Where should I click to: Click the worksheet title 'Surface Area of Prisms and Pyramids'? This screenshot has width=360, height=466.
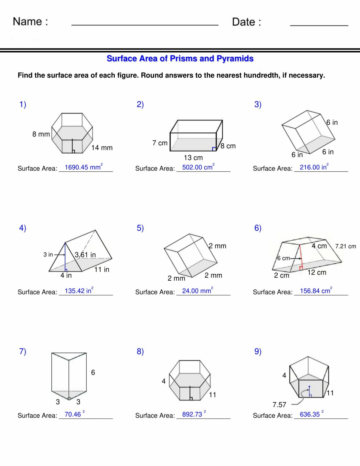click(x=180, y=59)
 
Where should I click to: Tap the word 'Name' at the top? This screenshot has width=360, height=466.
click(x=27, y=22)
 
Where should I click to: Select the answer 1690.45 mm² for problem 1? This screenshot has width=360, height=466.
click(x=83, y=167)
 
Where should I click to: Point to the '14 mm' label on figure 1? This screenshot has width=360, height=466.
click(x=102, y=148)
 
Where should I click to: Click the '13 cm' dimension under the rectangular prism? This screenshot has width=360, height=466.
click(x=193, y=158)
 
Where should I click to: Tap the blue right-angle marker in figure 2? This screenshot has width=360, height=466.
click(x=214, y=149)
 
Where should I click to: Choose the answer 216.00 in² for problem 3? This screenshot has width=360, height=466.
click(x=314, y=167)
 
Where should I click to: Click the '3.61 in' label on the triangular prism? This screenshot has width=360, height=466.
click(x=85, y=255)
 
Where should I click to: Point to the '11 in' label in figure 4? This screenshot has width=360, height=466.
click(x=102, y=269)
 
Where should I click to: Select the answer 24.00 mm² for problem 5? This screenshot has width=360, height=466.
click(x=197, y=291)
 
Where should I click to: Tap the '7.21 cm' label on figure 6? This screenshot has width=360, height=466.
click(x=345, y=246)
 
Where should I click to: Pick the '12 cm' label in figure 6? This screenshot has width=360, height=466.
click(x=317, y=272)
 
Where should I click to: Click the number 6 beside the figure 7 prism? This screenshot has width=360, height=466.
click(x=93, y=372)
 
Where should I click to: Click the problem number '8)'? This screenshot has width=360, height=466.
click(x=140, y=351)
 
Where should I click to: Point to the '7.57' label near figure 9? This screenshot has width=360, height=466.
click(x=279, y=405)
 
